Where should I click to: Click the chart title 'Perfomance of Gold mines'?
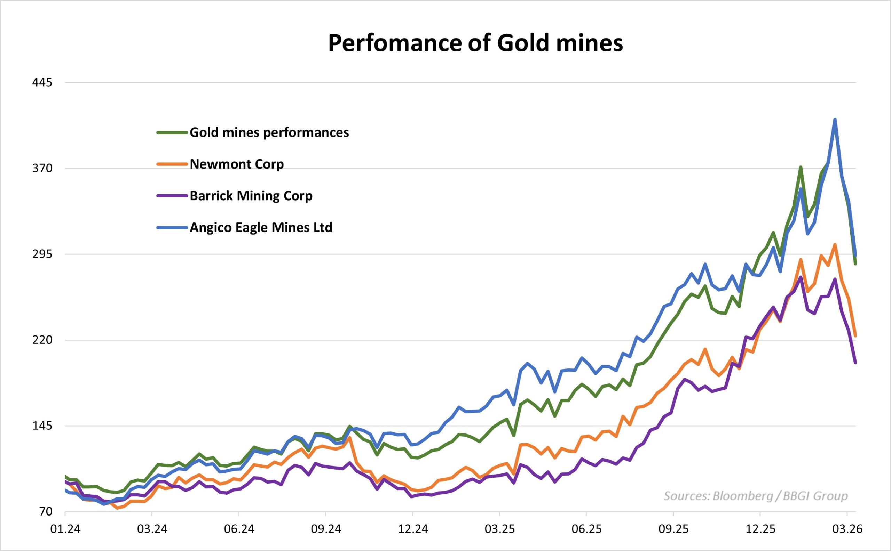pyautogui.click(x=475, y=44)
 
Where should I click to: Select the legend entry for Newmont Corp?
pyautogui.click(x=236, y=164)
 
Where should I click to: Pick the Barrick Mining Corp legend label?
pyautogui.click(x=251, y=196)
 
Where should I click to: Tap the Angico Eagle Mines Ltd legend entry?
pyautogui.click(x=261, y=228)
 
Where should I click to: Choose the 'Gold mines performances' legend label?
pyautogui.click(x=269, y=133)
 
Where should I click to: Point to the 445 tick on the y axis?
pyautogui.click(x=42, y=83)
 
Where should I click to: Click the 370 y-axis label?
pyautogui.click(x=42, y=169)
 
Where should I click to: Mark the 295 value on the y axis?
pyautogui.click(x=42, y=254)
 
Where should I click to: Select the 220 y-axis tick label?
pyautogui.click(x=42, y=340)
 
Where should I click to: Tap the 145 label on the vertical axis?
pyautogui.click(x=42, y=426)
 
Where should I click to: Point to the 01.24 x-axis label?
pyautogui.click(x=65, y=529)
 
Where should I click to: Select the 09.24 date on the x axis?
pyautogui.click(x=325, y=529)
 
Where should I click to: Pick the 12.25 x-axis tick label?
pyautogui.click(x=760, y=529)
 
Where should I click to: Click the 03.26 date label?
pyautogui.click(x=846, y=529)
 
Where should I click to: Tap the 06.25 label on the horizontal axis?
pyautogui.click(x=586, y=529)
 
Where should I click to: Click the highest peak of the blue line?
pyautogui.click(x=835, y=120)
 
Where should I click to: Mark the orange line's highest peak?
pyautogui.click(x=835, y=244)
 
